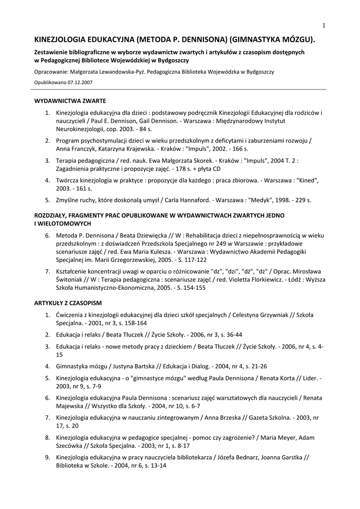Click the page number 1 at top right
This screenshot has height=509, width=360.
pos(323,26)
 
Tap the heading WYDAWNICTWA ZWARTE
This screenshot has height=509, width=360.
pos(70,100)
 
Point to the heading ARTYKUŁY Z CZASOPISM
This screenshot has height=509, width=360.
pos(68,302)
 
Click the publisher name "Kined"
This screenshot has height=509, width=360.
pos(308,180)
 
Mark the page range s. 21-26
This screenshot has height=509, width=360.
pos(254,366)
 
